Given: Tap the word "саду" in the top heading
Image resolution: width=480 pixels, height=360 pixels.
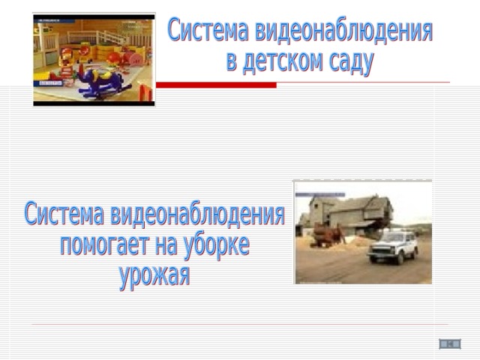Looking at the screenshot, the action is click(352, 63).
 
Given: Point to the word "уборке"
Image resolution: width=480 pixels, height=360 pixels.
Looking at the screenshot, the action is click(216, 247).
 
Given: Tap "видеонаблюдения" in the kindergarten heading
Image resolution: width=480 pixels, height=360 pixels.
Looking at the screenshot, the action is click(343, 31).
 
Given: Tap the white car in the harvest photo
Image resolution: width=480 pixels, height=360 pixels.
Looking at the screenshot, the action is click(393, 247).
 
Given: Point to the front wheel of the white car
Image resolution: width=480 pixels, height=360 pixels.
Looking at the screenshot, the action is click(400, 259).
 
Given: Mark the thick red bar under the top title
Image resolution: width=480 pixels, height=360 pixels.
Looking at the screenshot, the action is click(216, 85).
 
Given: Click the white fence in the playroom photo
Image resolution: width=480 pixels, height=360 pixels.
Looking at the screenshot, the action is click(98, 38).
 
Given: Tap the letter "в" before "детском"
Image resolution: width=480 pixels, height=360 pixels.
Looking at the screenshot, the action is click(232, 62).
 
